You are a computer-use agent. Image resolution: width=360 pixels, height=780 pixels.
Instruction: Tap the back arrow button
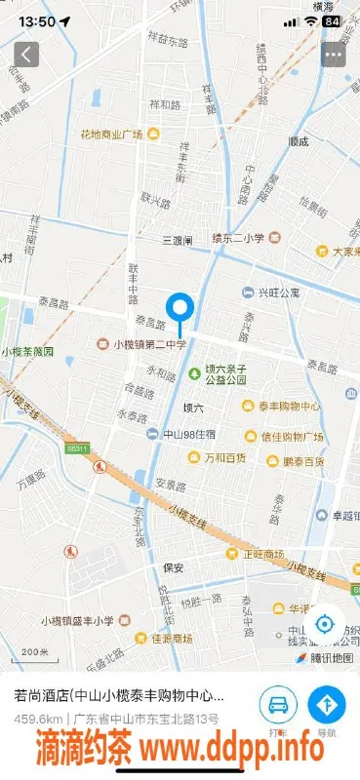coord(26,54)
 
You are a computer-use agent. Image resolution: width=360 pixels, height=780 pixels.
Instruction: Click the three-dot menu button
coord(334,54)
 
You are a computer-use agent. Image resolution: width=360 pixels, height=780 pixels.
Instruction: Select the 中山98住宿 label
coord(180,434)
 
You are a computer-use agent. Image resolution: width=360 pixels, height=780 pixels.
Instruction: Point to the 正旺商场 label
coord(260,553)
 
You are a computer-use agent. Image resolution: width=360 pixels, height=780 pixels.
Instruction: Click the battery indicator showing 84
coord(333,20)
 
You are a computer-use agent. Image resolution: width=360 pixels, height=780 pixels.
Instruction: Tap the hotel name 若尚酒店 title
coord(118,696)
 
